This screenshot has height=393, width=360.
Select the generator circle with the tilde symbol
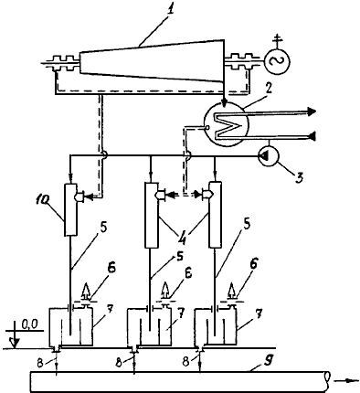point(277,61)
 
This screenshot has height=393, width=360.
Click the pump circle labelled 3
point(268,157)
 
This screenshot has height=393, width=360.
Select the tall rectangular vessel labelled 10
point(70,209)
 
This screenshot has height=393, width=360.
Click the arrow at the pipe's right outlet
point(346,380)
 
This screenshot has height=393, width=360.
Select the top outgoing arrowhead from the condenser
point(312,112)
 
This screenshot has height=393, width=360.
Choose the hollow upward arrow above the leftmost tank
point(87,292)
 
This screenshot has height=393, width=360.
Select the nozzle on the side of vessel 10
point(80,196)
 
